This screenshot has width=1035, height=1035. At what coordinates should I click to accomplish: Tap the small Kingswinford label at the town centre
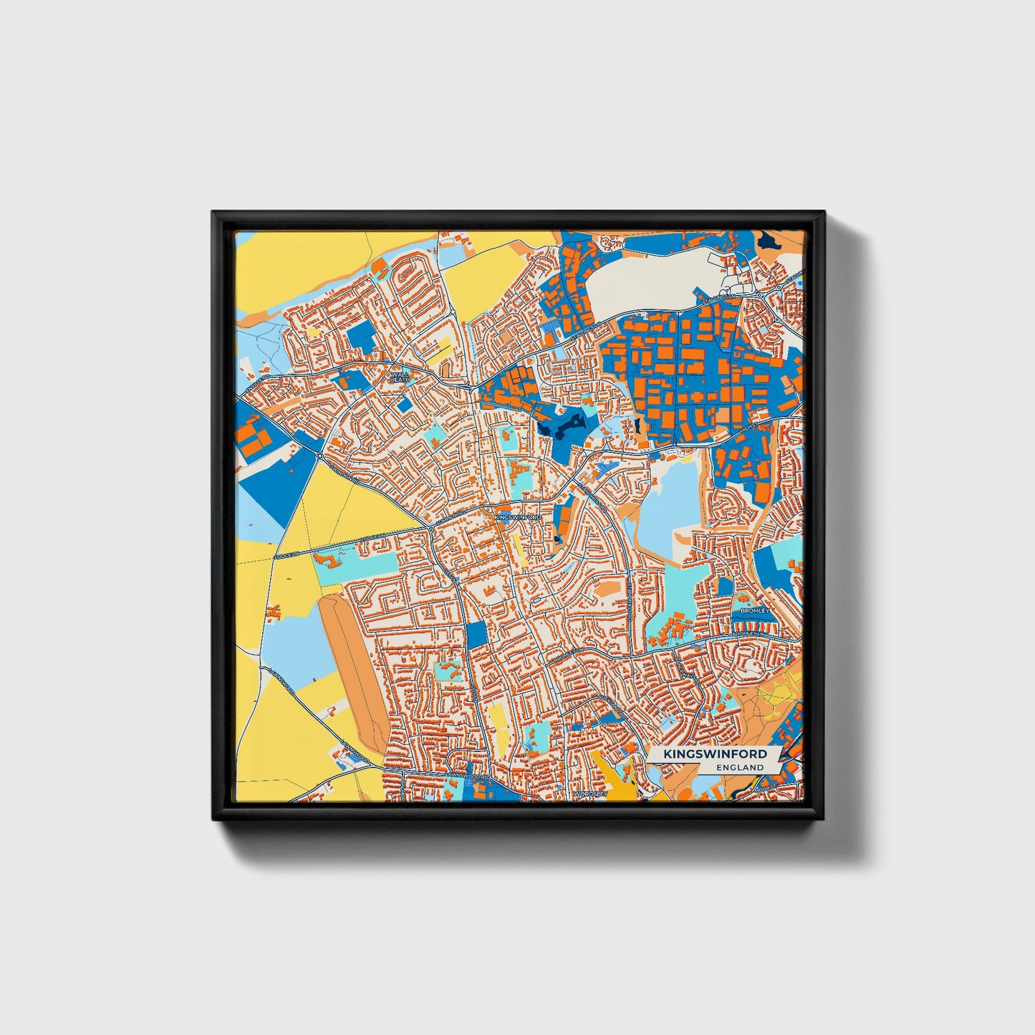pos(513,516)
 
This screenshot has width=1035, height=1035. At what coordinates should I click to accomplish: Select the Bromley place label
pos(754,611)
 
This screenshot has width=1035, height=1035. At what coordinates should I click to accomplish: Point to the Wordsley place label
pos(590,794)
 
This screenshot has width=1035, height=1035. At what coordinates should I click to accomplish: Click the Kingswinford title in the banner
pos(715,754)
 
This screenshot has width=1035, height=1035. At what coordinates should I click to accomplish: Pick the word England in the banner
pos(740,767)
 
